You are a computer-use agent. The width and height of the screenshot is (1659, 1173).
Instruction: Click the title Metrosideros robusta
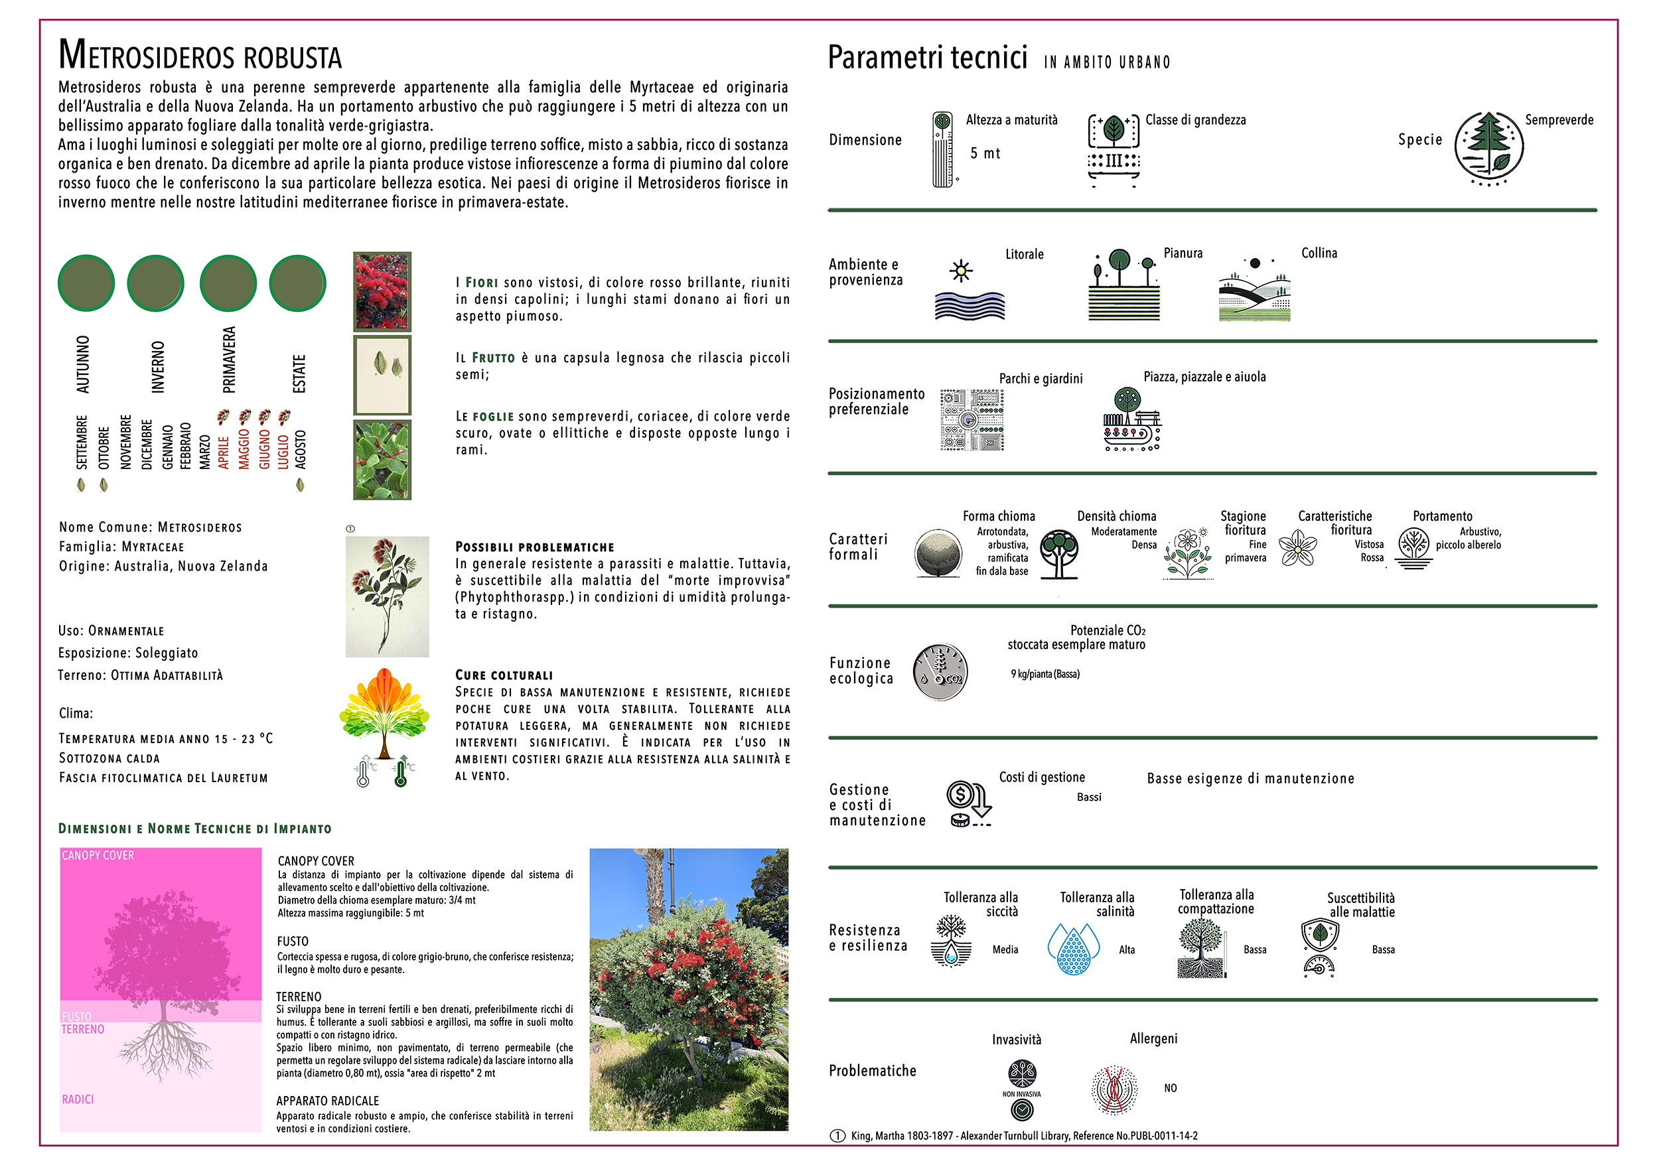[200, 55]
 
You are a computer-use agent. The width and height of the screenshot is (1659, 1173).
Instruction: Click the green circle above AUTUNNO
[86, 283]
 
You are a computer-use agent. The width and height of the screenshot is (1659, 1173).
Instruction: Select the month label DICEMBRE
[147, 445]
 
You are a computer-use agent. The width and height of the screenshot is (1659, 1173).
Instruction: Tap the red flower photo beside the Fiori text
[382, 291]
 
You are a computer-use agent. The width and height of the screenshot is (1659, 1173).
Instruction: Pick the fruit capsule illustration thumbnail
[382, 375]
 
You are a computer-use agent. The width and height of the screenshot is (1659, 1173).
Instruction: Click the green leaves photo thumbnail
[382, 459]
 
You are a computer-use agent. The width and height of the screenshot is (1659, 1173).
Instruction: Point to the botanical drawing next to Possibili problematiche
[387, 596]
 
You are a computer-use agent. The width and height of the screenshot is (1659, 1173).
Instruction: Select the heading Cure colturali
[504, 675]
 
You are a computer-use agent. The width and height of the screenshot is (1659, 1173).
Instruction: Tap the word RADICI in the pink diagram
[78, 1099]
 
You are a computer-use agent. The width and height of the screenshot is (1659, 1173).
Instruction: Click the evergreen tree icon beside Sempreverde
[1488, 146]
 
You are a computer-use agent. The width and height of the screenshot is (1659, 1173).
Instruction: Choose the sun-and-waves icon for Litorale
[969, 291]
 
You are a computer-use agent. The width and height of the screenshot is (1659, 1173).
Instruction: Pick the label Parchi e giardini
[1041, 378]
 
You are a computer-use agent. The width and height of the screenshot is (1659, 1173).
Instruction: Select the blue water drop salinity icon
[1073, 948]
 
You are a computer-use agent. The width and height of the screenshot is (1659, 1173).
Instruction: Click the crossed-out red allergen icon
[1114, 1089]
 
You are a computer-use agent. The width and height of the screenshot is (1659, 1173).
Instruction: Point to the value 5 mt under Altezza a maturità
[985, 153]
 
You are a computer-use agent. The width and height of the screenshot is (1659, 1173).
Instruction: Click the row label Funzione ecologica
[861, 670]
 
